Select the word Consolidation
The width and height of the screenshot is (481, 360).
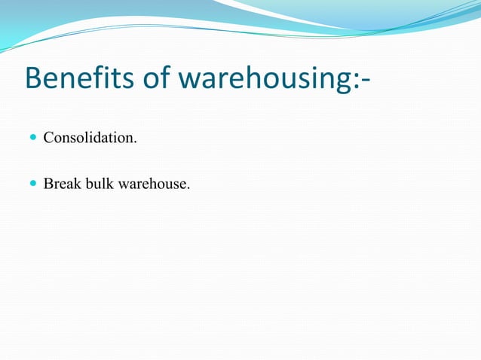click(x=90, y=139)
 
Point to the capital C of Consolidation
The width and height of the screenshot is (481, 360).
click(x=48, y=139)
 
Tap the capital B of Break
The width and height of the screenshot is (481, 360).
click(x=48, y=183)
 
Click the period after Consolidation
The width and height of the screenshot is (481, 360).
click(x=136, y=142)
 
